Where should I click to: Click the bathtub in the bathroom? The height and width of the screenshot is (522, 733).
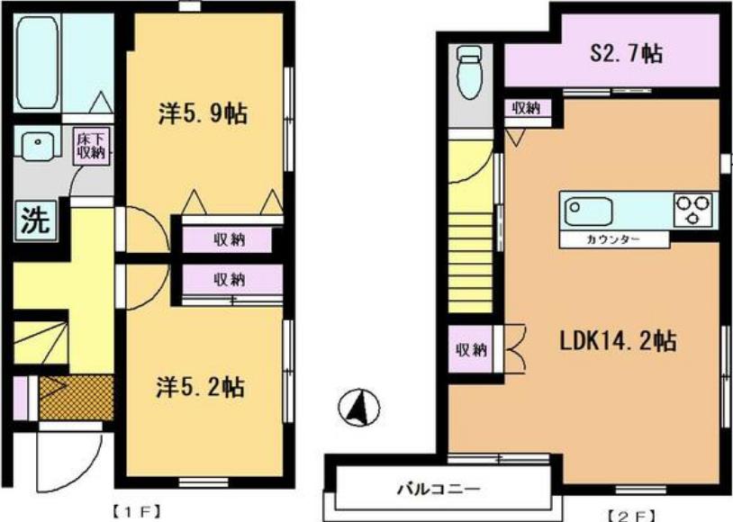(38, 63)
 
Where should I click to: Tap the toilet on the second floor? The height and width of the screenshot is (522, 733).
(469, 72)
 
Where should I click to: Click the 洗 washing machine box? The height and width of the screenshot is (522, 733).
(35, 221)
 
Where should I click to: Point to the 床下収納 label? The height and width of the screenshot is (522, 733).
(92, 146)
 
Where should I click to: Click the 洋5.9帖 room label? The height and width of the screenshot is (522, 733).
(203, 113)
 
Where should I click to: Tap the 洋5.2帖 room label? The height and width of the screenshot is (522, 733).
(201, 387)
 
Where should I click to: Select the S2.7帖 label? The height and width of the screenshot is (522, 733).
(627, 53)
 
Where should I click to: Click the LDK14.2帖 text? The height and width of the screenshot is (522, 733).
(618, 341)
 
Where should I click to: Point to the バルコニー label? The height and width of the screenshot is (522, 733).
(439, 490)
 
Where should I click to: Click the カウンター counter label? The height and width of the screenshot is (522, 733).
(613, 239)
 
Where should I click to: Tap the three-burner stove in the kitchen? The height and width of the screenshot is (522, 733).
(692, 209)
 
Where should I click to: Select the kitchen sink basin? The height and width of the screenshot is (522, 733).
(589, 211)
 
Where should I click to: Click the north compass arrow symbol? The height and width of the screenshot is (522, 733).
(359, 408)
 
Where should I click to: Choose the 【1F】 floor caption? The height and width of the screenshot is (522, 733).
(136, 511)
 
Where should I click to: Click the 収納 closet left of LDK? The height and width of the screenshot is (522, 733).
(471, 349)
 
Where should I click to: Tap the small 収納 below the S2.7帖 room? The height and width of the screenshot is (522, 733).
(527, 108)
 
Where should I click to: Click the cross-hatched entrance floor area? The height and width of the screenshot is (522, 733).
(77, 397)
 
